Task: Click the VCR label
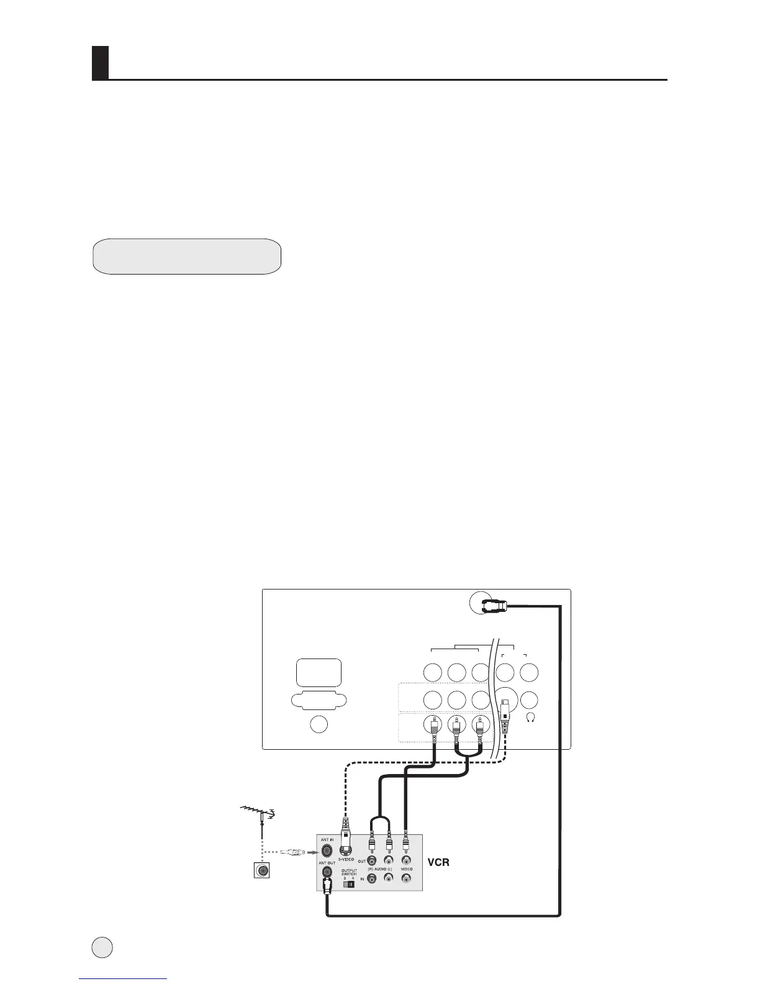439,863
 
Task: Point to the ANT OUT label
327,862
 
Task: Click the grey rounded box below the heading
187,256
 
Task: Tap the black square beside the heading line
100,63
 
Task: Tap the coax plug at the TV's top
495,603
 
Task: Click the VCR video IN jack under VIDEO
406,878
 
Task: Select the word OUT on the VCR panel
361,861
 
